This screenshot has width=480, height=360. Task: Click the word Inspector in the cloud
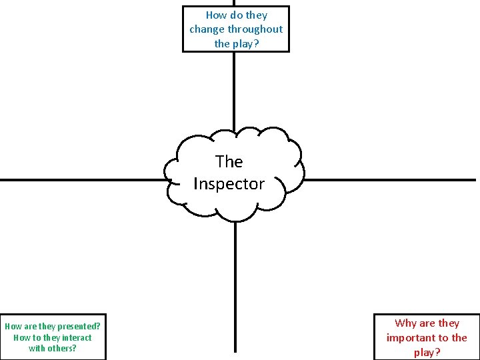229,184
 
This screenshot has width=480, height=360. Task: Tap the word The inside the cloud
229,161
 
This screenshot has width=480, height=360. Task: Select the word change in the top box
207,29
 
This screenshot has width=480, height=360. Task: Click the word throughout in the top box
255,29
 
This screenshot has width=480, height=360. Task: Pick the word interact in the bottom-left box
77,337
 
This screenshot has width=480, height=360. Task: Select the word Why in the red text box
405,323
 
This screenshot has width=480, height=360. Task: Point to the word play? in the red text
427,353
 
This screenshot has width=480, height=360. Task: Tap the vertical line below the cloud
235,287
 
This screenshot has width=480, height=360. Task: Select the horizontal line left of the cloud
80,179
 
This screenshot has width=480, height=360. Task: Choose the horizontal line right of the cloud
390,179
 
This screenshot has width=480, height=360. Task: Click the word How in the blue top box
216,15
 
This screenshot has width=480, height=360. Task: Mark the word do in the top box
236,15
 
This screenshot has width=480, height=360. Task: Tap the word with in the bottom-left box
37,348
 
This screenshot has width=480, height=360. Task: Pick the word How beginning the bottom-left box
13,326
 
